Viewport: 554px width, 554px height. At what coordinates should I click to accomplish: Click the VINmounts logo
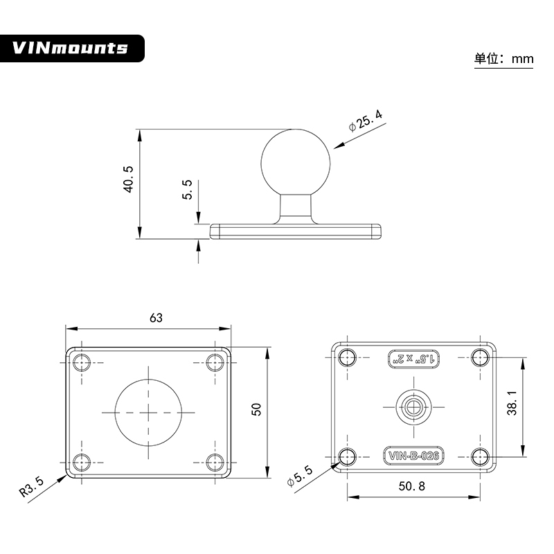coord(71,48)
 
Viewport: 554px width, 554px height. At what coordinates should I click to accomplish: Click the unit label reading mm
coord(504,59)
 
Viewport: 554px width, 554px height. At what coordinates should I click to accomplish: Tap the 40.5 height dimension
coord(128,179)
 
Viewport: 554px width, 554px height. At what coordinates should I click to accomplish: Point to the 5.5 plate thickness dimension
coord(187,190)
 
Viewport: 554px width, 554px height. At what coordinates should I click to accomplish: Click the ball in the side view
coord(297,161)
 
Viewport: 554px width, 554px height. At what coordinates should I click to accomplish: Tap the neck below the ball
coord(297,208)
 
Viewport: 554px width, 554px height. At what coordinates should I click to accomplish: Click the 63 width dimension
coord(156,318)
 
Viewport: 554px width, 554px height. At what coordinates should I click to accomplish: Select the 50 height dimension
coord(256,409)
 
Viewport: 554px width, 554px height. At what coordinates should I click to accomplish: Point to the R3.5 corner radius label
coord(32,486)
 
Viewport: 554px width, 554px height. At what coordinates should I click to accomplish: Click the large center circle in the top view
coord(148,411)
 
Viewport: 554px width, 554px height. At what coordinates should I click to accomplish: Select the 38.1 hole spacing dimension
coord(511,402)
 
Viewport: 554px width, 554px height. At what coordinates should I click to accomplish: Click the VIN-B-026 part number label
coord(413,455)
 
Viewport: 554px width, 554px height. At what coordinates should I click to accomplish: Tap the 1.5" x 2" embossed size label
coord(413,359)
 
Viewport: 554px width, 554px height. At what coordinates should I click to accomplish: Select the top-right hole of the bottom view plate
coord(480,357)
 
